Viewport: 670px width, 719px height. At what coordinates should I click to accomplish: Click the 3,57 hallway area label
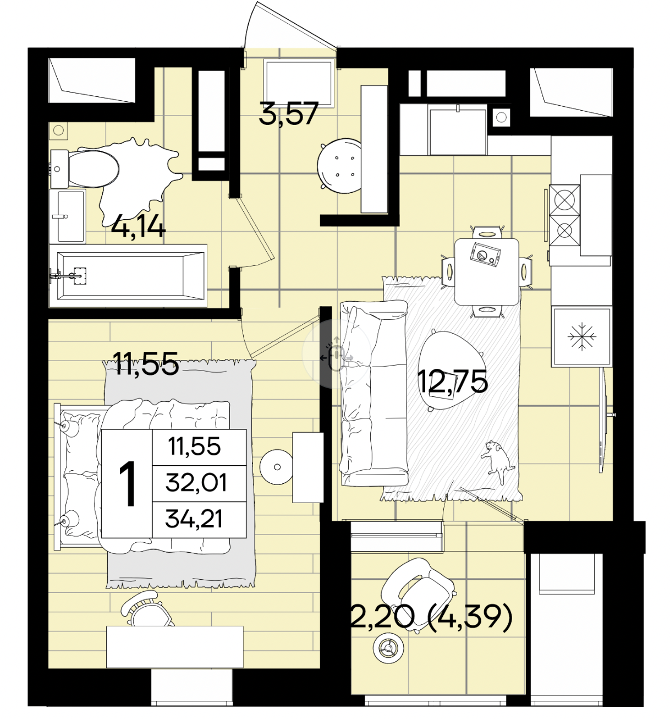point(288,113)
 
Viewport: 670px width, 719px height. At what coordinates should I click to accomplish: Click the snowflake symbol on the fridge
point(582,336)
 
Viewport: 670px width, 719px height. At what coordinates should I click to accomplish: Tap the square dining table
point(487,271)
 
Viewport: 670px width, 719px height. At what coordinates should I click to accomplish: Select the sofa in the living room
point(374,393)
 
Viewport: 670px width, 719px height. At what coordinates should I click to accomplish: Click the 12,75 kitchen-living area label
point(453,382)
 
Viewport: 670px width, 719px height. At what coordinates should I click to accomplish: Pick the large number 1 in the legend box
point(127,484)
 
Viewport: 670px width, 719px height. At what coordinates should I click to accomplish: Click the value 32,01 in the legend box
point(196,483)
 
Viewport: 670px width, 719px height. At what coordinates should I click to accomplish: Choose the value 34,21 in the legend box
point(194,519)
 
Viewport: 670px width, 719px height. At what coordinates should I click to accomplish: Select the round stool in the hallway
point(339,166)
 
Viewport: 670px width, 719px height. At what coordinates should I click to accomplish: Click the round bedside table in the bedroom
point(277,467)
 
